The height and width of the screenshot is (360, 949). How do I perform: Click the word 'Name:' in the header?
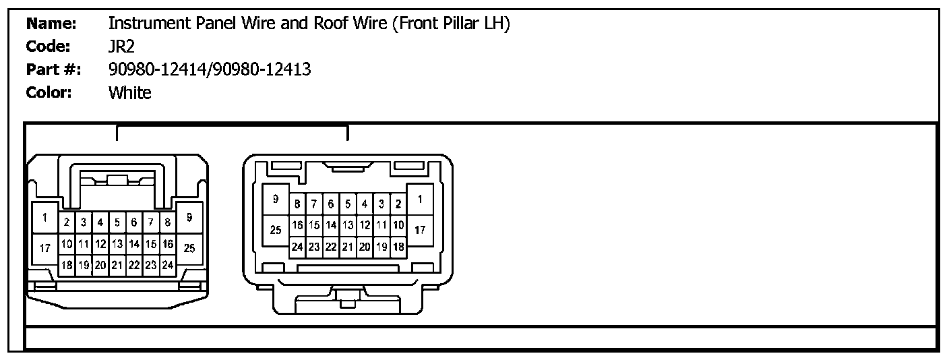point(51,24)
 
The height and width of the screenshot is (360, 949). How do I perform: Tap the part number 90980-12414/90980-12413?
point(210,69)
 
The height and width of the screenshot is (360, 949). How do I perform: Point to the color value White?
point(129,92)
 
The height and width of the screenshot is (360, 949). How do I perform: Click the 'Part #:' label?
point(53,69)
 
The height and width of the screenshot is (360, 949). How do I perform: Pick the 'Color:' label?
point(49,92)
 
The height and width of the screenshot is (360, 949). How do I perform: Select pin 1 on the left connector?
point(44,218)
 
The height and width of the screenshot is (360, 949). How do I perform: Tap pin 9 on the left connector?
point(189,218)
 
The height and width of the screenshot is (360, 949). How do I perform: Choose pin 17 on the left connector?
point(44,248)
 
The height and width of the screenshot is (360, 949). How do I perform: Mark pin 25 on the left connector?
point(189,248)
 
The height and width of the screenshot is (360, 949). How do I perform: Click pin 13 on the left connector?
point(117,243)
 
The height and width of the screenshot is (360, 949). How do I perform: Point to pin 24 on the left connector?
point(167,265)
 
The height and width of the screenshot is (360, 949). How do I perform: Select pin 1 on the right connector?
point(420,199)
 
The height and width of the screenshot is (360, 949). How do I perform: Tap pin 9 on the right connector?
point(275,199)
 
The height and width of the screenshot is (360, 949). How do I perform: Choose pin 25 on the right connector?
point(275,230)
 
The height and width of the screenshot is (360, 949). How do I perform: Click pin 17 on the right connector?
point(420,230)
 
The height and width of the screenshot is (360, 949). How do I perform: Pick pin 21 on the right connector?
point(347,247)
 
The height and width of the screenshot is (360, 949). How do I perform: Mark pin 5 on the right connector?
point(347,204)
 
